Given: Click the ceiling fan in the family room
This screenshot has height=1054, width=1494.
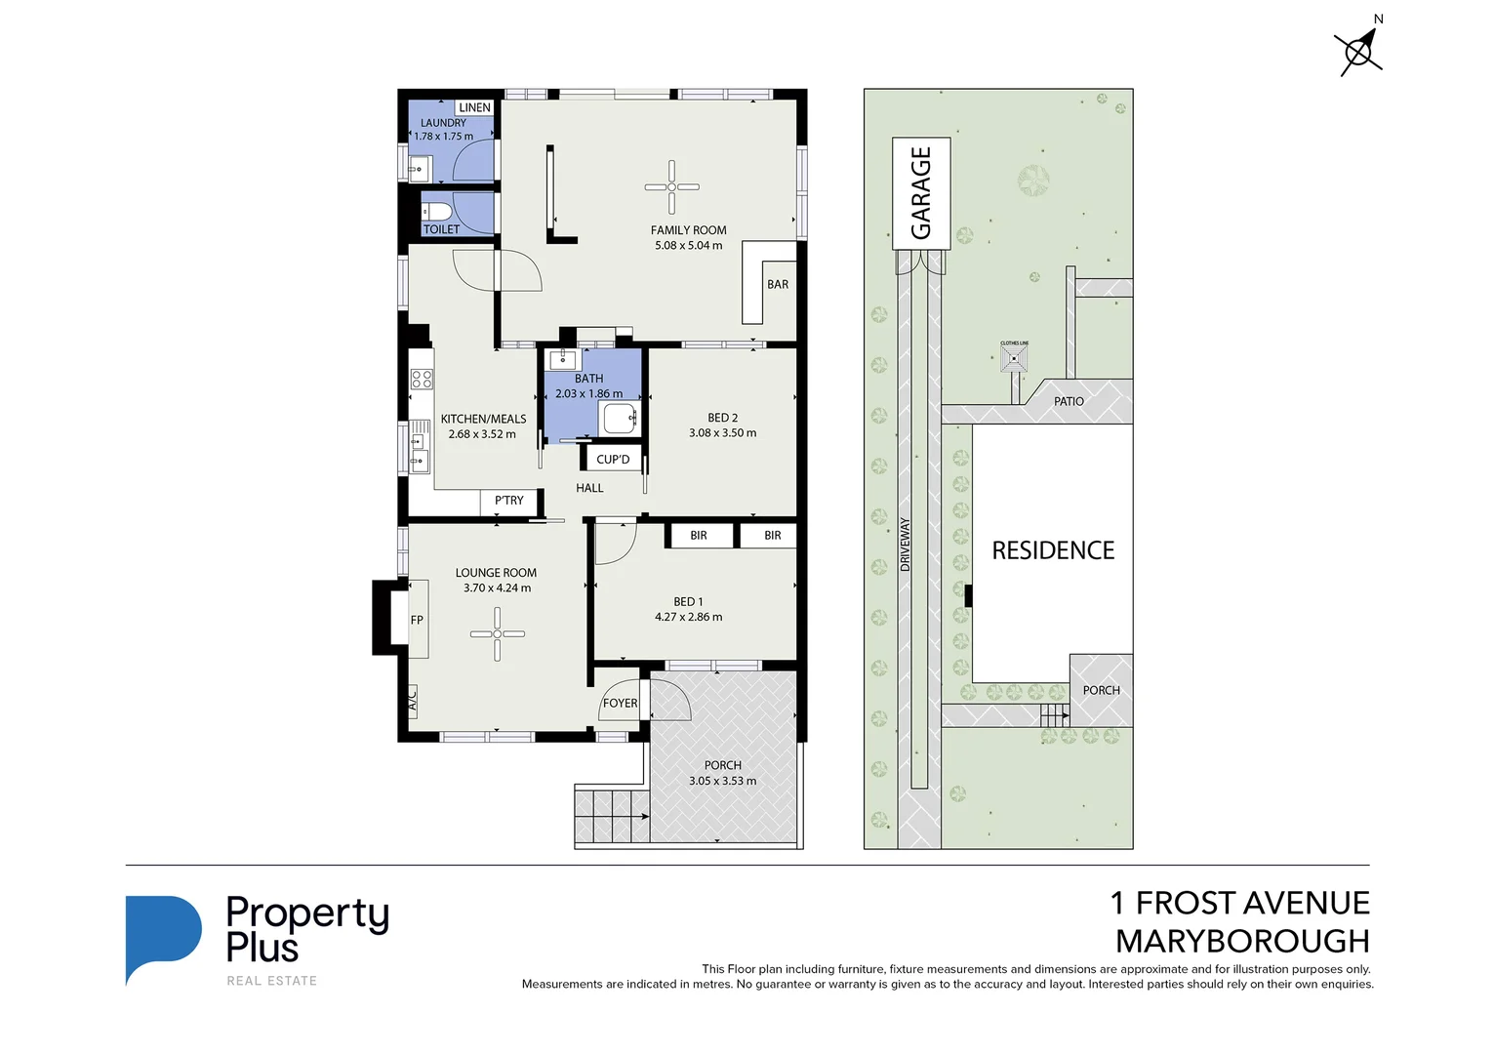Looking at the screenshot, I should (x=671, y=186).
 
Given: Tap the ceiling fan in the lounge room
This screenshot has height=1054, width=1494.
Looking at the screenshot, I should (x=497, y=633).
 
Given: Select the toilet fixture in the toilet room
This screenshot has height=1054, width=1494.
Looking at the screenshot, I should (x=436, y=211).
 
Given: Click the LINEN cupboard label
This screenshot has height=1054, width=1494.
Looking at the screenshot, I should (x=474, y=107).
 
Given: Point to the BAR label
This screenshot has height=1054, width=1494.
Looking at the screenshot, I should (x=777, y=284).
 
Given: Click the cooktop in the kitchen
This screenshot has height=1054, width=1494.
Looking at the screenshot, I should (x=422, y=379).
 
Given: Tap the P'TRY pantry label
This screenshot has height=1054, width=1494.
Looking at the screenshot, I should (x=508, y=501).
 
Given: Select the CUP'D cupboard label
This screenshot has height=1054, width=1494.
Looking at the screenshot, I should (x=613, y=459).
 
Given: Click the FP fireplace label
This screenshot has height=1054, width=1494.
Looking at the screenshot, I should (x=417, y=620).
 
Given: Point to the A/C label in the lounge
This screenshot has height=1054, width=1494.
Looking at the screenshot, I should (x=412, y=699).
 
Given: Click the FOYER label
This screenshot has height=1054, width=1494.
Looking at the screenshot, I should (x=620, y=703).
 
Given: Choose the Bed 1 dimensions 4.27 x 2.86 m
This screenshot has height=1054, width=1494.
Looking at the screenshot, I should (x=688, y=617).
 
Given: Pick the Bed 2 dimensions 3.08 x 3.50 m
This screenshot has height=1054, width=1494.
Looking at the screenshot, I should (x=722, y=433).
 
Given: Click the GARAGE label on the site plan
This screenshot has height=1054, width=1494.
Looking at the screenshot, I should (x=921, y=192).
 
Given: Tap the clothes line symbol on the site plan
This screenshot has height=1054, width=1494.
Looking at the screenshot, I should (x=1015, y=359).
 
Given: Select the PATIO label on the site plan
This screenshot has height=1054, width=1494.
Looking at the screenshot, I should (x=1069, y=401).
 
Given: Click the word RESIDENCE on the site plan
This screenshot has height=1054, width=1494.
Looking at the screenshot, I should (x=1053, y=550).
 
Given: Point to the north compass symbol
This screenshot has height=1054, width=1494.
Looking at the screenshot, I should (x=1357, y=50).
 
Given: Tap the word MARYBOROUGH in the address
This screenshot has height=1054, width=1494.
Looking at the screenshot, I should (x=1242, y=941).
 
